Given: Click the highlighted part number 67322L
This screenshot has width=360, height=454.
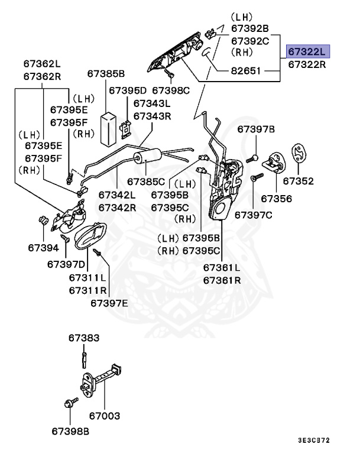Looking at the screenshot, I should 307,52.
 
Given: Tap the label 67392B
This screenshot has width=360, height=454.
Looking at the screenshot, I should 250,28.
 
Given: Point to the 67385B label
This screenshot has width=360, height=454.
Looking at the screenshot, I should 106,74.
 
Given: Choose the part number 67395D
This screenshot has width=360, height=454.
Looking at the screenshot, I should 128,90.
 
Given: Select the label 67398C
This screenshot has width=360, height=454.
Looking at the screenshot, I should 171,90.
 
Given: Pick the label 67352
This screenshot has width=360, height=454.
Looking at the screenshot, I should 298,181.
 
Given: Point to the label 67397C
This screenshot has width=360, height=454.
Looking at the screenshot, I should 254,215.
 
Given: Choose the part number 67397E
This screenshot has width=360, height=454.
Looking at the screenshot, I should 109,303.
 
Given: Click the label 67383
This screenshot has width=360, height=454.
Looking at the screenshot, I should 83,338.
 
